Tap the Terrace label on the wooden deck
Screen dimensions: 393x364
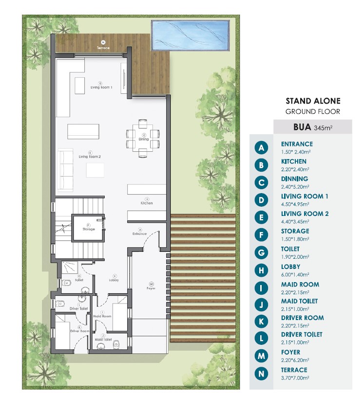tap(103, 48)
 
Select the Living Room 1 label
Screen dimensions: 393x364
tap(101, 88)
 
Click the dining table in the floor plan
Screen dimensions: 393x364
tap(143, 138)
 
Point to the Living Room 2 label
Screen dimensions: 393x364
tap(90, 157)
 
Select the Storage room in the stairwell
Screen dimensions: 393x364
tap(88, 228)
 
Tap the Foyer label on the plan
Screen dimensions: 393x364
tap(151, 287)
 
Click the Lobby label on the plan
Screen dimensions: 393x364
tap(114, 280)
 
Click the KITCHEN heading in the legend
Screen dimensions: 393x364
tap(293, 161)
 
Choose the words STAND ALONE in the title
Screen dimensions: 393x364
tap(312, 101)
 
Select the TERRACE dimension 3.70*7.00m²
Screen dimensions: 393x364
tap(295, 377)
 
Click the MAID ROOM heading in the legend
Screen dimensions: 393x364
tap(300, 284)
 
